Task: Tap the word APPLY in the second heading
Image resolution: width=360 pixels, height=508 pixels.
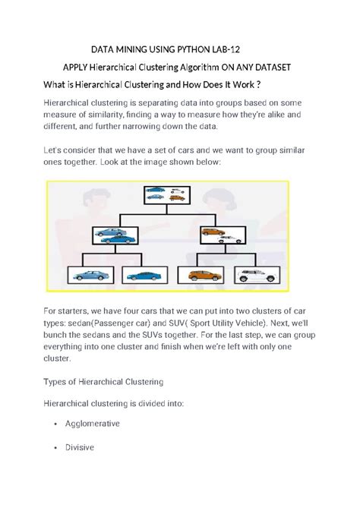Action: (x=75, y=68)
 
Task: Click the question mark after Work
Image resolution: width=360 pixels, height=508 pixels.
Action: (x=258, y=85)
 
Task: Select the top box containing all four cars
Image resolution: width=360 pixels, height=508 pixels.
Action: (x=167, y=195)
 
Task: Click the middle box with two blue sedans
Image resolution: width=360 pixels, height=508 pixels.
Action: (x=115, y=235)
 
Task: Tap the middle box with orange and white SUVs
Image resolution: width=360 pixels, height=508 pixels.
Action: (x=223, y=235)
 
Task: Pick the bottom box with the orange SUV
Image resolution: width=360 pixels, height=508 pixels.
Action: (x=201, y=275)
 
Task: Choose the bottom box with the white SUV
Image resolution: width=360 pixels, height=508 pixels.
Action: (x=257, y=275)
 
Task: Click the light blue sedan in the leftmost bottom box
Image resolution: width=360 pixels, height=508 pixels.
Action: (x=91, y=276)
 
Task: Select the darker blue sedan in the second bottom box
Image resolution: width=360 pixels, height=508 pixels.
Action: (x=144, y=276)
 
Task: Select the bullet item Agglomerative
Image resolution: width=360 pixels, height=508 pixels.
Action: (x=93, y=424)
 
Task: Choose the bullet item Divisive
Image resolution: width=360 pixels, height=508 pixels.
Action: (x=80, y=447)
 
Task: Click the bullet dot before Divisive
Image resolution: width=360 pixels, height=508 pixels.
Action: (x=56, y=448)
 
